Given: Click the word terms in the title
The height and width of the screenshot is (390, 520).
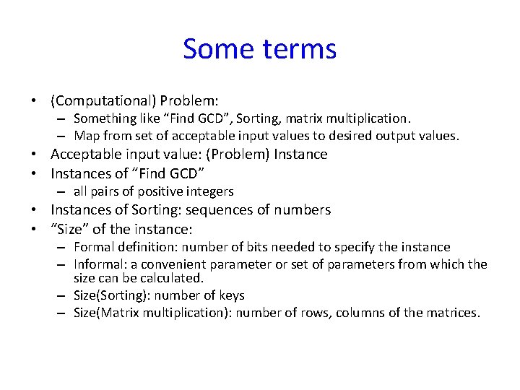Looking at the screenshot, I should [x=297, y=49].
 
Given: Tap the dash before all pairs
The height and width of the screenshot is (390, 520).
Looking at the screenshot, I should [x=62, y=192].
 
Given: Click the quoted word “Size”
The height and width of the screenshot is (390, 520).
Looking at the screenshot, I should [x=71, y=229].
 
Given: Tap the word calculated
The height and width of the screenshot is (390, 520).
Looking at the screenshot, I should [x=173, y=278].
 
